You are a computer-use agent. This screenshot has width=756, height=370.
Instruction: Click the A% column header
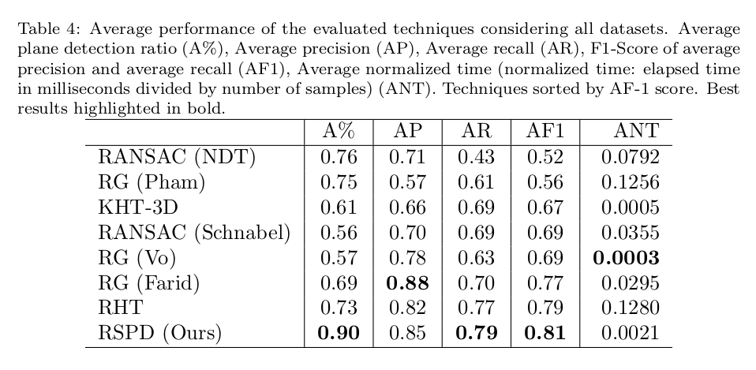click(x=339, y=132)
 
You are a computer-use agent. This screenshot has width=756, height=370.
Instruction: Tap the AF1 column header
click(x=545, y=132)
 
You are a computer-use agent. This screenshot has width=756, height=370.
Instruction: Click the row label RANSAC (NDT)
click(x=177, y=157)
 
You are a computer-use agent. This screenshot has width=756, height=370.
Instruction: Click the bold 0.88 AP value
click(x=407, y=283)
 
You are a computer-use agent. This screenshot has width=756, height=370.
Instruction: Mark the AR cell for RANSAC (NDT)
click(x=476, y=157)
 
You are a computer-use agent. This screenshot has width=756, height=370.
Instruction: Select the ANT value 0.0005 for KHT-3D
click(x=631, y=207)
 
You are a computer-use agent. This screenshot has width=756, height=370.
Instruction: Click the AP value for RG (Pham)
click(x=407, y=182)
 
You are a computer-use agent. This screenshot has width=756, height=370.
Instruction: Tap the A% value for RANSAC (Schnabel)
click(x=338, y=233)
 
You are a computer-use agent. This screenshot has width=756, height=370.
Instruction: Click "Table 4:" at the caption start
click(x=47, y=29)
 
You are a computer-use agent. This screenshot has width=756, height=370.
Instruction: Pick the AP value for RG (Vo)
click(x=407, y=258)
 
